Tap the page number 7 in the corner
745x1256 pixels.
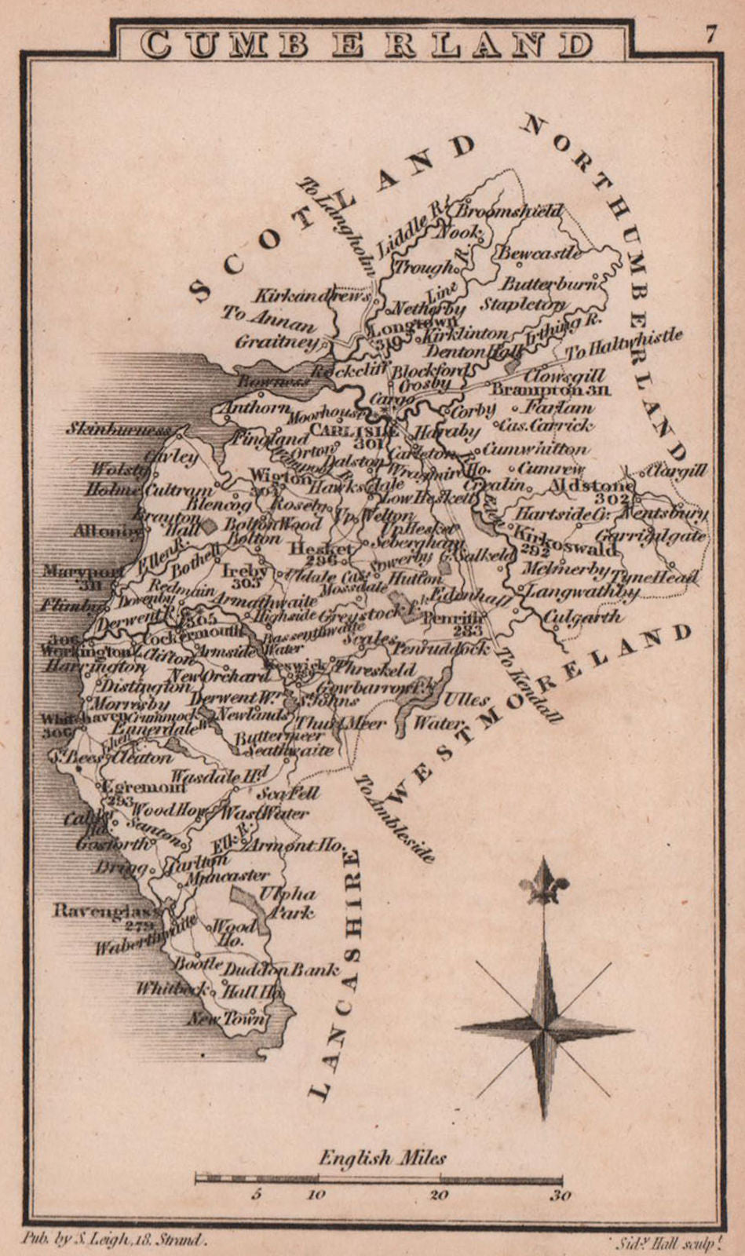tap(711, 35)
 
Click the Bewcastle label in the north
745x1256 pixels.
tap(539, 253)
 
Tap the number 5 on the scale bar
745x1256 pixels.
tap(255, 1196)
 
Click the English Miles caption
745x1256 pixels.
tap(382, 1157)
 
